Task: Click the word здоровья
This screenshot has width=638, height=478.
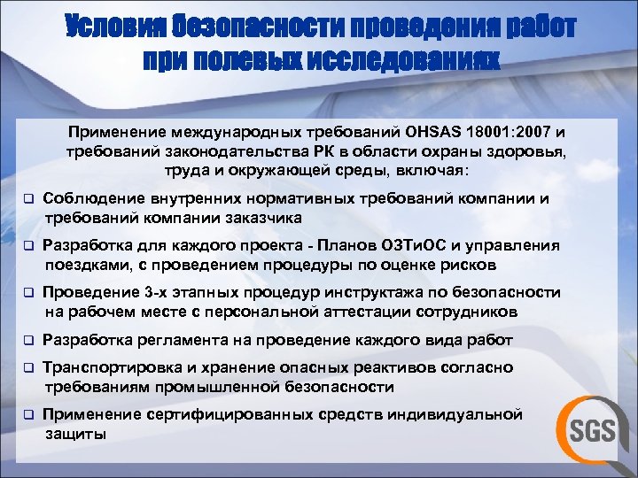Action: click(533, 151)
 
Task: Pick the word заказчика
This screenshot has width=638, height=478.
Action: click(257, 218)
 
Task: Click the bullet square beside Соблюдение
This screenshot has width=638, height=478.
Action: click(27, 199)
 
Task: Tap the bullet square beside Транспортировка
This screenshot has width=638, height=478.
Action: click(27, 367)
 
